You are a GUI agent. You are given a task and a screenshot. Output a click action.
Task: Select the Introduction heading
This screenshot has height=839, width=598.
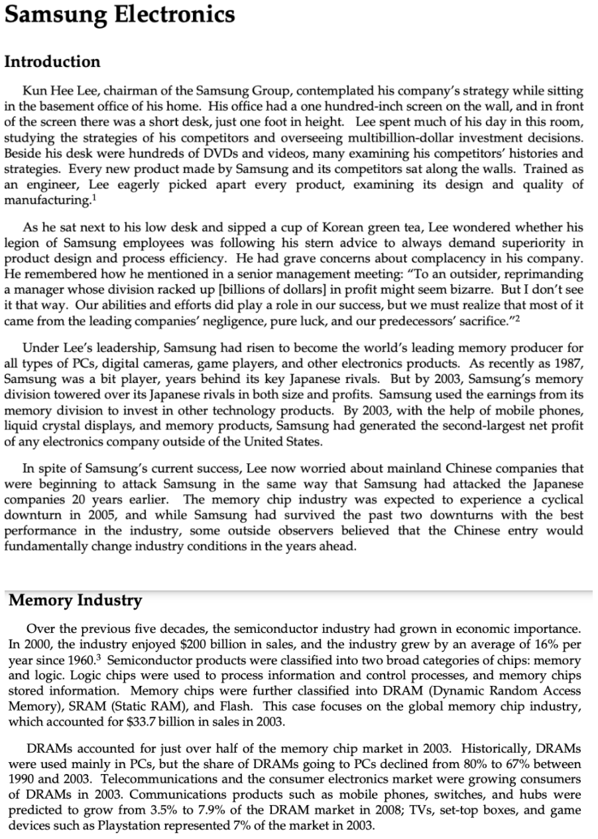click(x=52, y=62)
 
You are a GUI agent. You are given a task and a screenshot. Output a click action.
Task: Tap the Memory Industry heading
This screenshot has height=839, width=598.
click(x=76, y=600)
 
